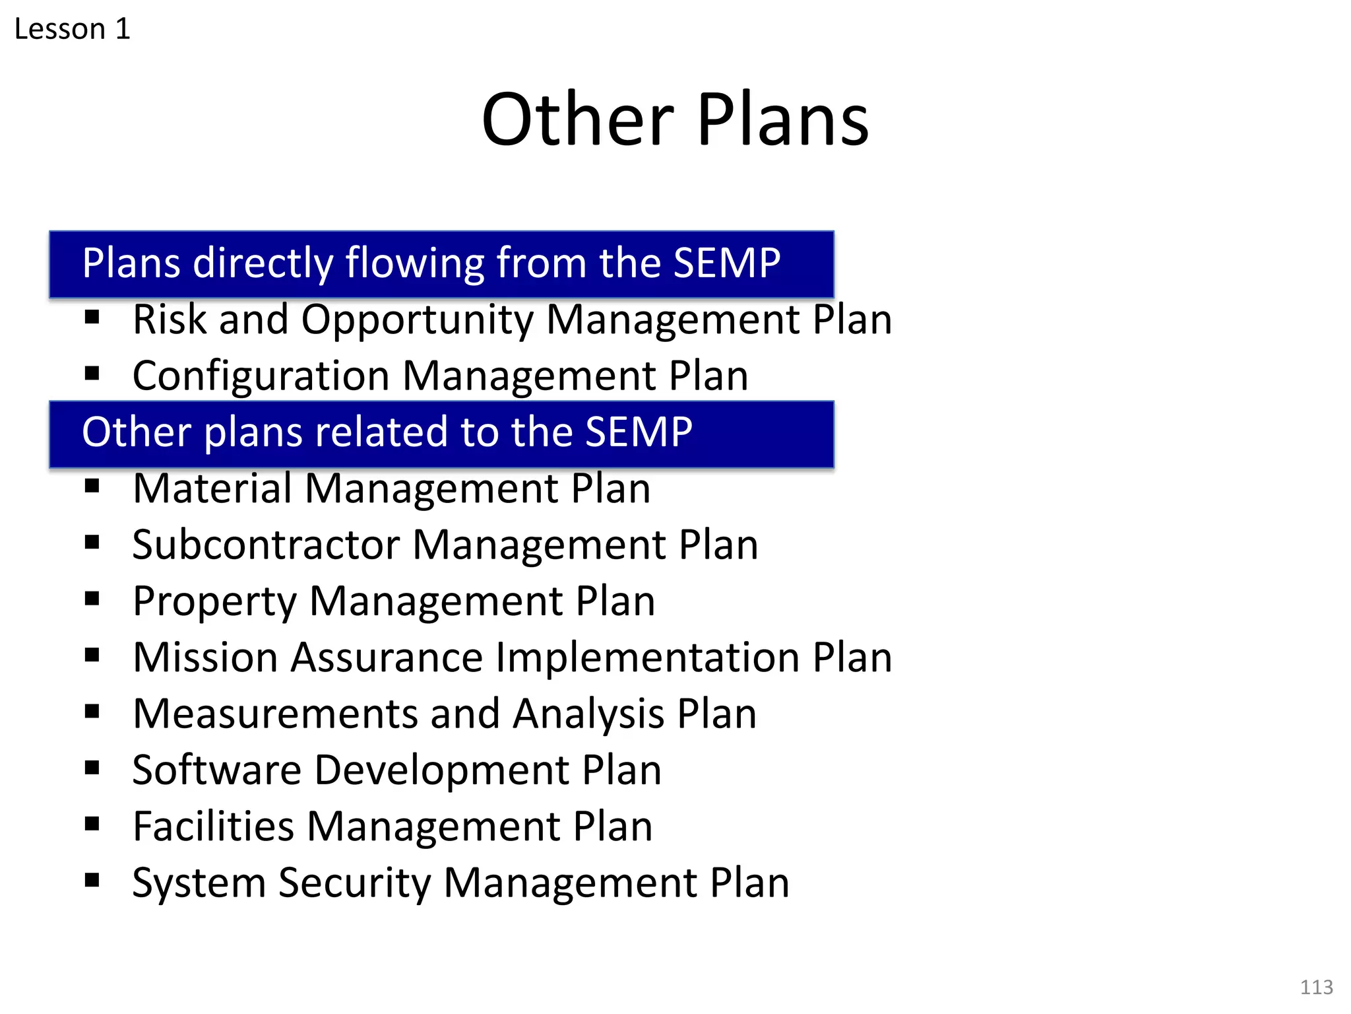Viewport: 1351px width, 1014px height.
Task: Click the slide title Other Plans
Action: coord(675,120)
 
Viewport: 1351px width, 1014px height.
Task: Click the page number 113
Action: coord(1316,987)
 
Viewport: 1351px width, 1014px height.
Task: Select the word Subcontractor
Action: coord(267,545)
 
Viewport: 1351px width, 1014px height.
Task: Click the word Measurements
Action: coord(275,714)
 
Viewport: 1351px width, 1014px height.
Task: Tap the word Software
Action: coord(217,770)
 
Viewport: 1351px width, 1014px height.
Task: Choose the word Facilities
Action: coord(213,827)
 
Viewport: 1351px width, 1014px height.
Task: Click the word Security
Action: coord(354,883)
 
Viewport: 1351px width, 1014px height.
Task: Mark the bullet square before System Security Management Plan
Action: coord(92,880)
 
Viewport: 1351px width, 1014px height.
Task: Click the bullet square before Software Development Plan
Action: coord(92,767)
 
